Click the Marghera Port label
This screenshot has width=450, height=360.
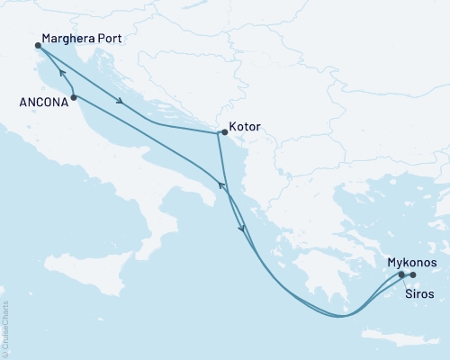[82, 41]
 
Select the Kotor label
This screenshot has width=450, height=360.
[245, 128]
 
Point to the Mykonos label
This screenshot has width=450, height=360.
[412, 262]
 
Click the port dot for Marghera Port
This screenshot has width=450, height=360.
[38, 45]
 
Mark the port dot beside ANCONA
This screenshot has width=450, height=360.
[73, 96]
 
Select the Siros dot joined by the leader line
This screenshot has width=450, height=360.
[401, 274]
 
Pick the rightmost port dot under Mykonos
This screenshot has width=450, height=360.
[413, 274]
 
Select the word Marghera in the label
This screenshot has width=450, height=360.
[68, 41]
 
